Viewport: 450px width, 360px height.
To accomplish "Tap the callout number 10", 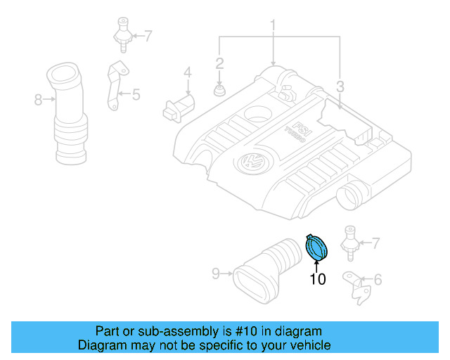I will (318, 279).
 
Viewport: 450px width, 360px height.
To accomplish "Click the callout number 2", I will (219, 64).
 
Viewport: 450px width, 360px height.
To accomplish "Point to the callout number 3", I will (340, 87).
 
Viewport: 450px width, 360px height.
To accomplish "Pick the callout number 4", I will (188, 72).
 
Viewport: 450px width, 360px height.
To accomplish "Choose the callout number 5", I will (136, 92).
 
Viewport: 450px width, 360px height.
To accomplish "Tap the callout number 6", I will (378, 281).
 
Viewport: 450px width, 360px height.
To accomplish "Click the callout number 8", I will (39, 100).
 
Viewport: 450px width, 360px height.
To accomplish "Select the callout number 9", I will (217, 271).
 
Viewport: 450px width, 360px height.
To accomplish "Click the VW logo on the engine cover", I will (250, 163).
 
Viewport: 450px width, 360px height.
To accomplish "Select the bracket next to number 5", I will (113, 86).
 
